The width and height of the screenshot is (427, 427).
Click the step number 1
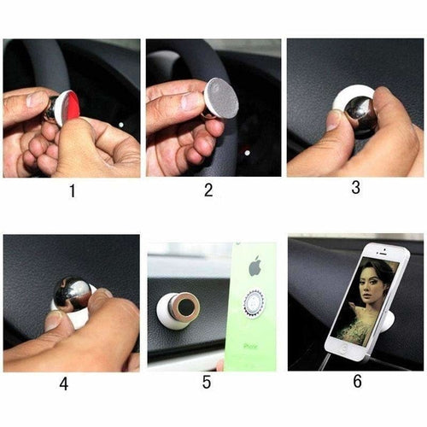(x=72, y=190)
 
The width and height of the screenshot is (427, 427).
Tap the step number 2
(x=208, y=190)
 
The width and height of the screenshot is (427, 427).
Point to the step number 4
(x=63, y=384)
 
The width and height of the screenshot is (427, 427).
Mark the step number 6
(x=357, y=382)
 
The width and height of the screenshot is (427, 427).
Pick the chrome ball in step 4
(x=73, y=293)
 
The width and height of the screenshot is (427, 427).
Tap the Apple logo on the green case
(x=254, y=266)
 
